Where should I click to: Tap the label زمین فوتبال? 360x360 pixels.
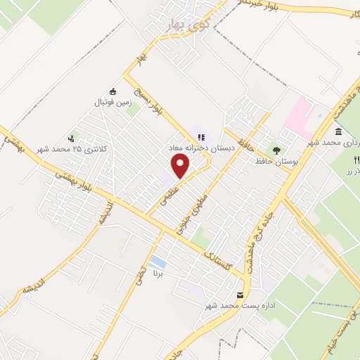(113, 103)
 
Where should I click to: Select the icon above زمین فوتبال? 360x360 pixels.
(113, 91)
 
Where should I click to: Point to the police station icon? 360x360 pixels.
(70, 139)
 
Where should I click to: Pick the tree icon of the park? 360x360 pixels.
(276, 150)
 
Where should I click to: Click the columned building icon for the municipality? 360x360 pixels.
(339, 131)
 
